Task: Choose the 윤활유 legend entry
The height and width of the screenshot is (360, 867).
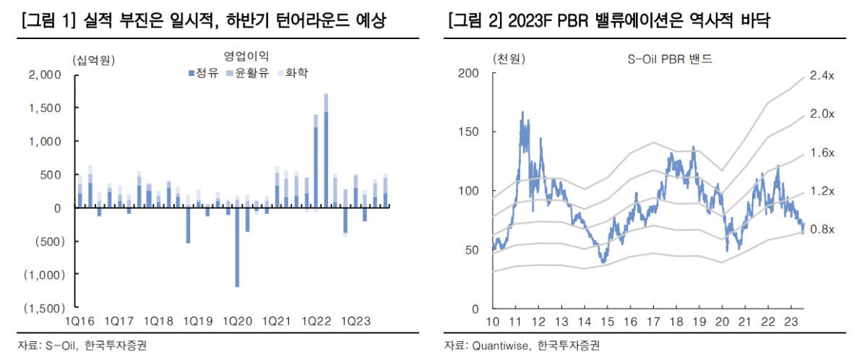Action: point(247,73)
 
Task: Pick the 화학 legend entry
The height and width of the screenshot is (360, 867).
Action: point(293,73)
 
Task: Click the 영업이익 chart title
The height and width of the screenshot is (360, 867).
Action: point(245,56)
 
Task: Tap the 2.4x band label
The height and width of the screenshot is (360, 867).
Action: point(821,75)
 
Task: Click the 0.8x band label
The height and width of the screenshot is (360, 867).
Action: point(821,229)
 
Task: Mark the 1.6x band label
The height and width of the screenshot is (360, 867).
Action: point(821,153)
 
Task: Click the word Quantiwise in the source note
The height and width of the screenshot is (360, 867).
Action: point(502,346)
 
